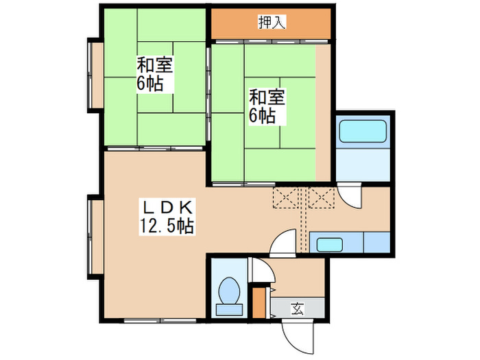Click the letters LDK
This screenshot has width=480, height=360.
coord(169,206)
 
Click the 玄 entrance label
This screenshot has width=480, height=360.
coord(298,309)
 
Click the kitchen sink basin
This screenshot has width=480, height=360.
coord(330,243)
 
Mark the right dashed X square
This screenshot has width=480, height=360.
coord(321,197)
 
